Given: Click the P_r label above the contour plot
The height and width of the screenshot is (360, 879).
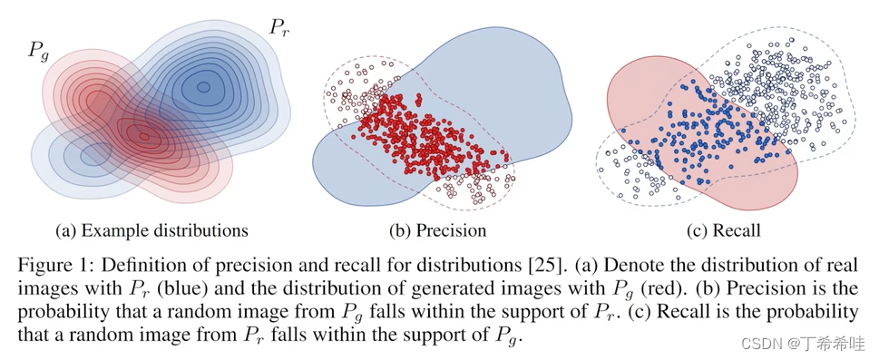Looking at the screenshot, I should (279, 26).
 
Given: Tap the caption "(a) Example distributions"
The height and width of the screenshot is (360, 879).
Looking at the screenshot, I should (152, 230).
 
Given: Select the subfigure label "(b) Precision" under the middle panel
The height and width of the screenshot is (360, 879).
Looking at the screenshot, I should (437, 230).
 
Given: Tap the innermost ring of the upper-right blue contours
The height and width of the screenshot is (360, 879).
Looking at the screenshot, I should (203, 87).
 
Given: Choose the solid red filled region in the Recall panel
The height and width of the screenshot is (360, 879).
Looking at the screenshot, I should (635, 100).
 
